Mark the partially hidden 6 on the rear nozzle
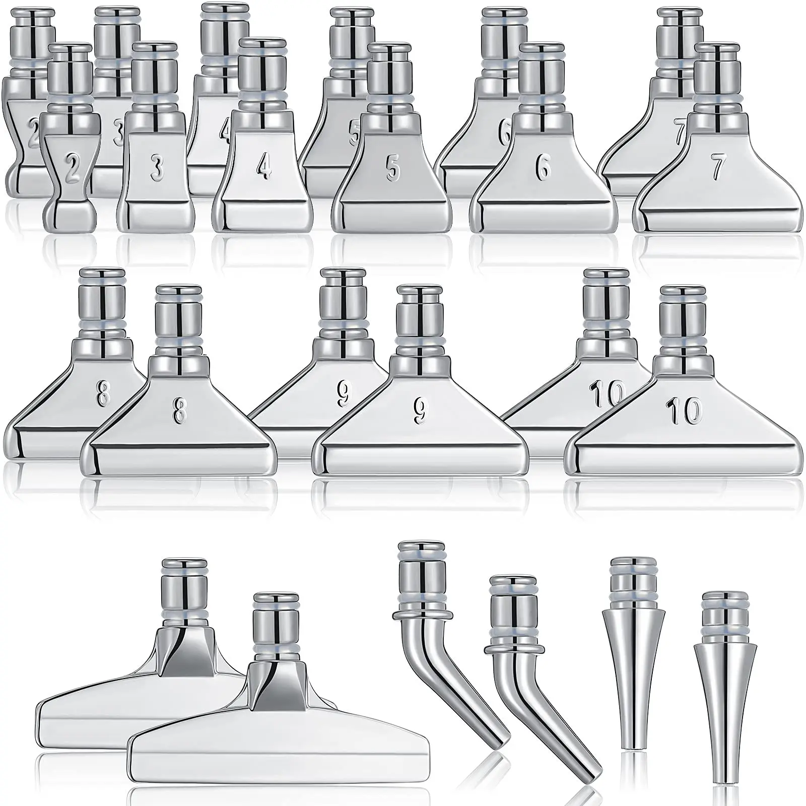click(x=504, y=132)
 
